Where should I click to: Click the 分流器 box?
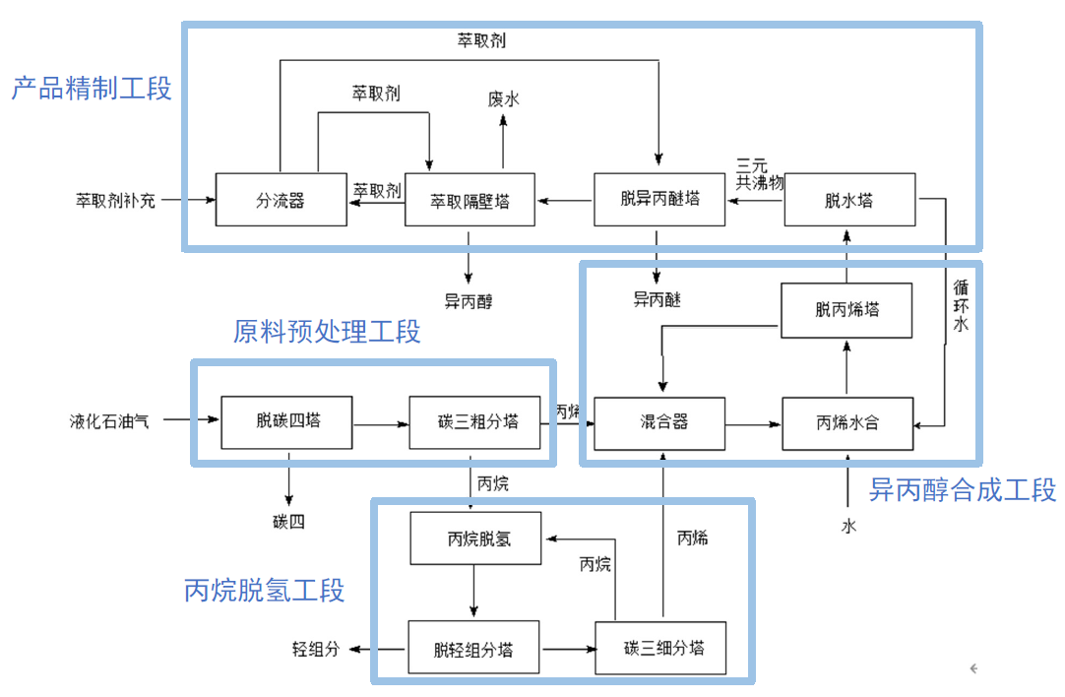(281, 200)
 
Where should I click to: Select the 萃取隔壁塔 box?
(470, 200)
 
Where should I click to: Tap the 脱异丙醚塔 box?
(659, 199)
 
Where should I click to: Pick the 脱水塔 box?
(849, 200)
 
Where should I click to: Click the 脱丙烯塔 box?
(847, 310)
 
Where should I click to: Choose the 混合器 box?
(660, 423)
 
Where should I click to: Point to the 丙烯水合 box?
(847, 423)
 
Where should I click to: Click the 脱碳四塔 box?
(287, 422)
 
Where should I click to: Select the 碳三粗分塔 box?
(476, 422)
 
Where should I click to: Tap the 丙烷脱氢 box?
(475, 538)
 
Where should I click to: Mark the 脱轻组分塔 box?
(473, 648)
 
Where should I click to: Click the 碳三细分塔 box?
(660, 648)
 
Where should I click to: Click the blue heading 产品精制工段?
(92, 89)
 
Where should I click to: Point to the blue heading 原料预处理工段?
(327, 332)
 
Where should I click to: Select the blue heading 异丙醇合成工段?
(962, 489)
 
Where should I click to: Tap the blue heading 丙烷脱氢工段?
(265, 591)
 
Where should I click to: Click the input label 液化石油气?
(110, 421)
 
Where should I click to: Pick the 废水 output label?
(503, 98)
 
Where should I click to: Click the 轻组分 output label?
(315, 649)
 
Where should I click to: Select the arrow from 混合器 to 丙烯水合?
(753, 424)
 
